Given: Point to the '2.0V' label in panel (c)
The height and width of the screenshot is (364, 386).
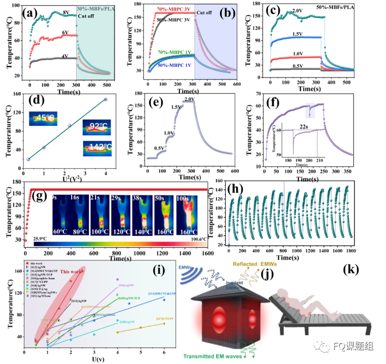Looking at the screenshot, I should click(298, 10).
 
